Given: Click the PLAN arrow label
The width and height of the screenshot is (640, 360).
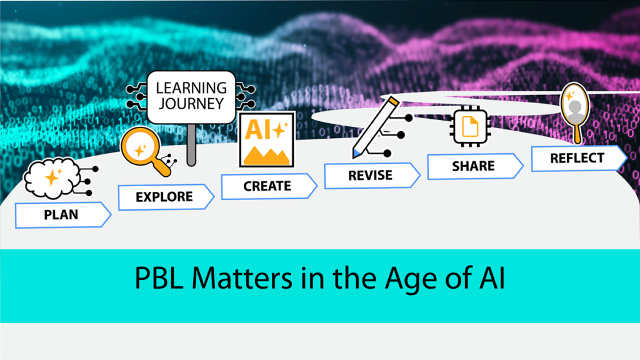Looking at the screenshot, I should [62, 215].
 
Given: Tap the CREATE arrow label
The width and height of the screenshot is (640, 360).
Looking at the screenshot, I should [267, 186].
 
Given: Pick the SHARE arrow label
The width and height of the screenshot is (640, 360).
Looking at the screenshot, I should [474, 166].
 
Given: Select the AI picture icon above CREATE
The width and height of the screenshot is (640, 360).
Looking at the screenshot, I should [267, 139].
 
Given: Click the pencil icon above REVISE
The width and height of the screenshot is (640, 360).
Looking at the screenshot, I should [375, 127].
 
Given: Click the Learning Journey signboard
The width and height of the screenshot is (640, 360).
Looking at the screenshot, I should [191, 96].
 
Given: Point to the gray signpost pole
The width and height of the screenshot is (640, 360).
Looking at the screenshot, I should [191, 144].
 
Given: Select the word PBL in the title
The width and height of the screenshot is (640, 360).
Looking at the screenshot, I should [158, 278].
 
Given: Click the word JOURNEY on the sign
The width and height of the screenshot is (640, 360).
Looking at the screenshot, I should [191, 104].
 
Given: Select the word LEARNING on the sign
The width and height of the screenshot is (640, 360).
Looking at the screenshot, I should [191, 88].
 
